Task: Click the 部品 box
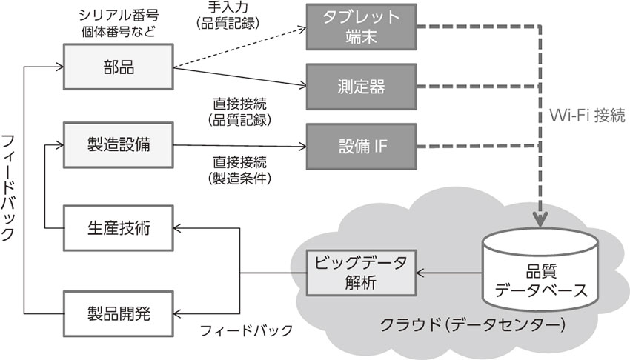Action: pos(118,66)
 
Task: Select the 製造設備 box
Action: pos(118,144)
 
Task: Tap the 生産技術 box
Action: pos(118,229)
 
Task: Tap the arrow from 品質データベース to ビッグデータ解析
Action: pos(449,273)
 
